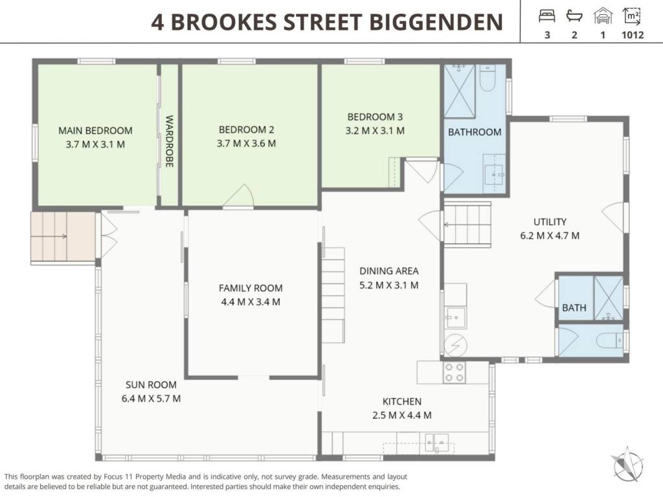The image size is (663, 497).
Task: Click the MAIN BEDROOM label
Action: pos(95,131)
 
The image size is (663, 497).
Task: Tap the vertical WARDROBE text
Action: pos(169,141)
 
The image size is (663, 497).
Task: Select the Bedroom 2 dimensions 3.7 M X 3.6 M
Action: pos(247,144)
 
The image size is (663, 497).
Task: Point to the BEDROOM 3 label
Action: pos(375,116)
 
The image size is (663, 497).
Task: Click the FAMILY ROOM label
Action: pos(251,288)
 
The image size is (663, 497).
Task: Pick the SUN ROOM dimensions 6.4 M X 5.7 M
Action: pos(151,399)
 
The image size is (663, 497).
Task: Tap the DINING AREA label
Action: pos(389,271)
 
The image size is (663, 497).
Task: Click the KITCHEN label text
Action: pos(402,401)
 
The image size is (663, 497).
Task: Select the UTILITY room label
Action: pos(550,222)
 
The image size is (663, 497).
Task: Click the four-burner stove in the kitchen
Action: pos(454,372)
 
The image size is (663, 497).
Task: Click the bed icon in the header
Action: pos(546,16)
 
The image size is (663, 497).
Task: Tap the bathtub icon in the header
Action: pos(574,16)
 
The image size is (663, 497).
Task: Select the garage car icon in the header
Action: pos(603,16)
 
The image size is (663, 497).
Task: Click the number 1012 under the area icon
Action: pos(633,35)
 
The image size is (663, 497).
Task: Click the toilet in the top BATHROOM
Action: pos(488,78)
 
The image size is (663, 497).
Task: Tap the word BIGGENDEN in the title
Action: pos(436,22)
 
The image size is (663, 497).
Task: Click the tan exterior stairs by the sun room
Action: pos(63,237)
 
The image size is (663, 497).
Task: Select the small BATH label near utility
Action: pos(574,307)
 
